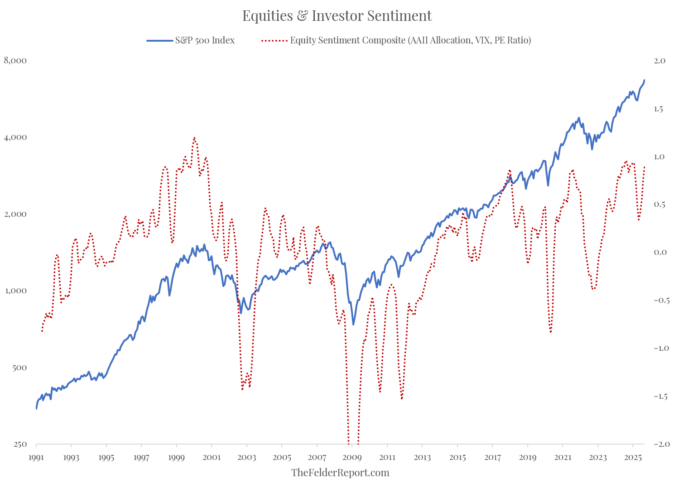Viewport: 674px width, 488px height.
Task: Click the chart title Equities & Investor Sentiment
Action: point(337,16)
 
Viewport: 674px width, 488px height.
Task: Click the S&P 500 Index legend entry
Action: point(205,40)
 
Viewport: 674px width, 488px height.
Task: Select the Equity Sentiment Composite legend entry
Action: point(410,40)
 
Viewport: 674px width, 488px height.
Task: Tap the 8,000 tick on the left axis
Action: point(15,61)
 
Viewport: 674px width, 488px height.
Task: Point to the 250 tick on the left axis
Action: point(20,444)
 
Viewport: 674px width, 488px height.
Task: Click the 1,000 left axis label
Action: point(15,291)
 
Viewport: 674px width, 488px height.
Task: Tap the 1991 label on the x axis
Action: point(36,458)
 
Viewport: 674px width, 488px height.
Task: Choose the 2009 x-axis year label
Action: point(352,458)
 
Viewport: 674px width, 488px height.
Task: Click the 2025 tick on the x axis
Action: point(633,458)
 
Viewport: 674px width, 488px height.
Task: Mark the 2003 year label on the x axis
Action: point(246,458)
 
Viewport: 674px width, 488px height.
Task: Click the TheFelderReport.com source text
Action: point(340,473)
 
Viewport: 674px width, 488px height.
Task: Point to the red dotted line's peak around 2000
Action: point(194,138)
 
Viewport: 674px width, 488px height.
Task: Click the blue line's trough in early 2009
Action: point(353,324)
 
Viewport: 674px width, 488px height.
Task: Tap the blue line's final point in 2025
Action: point(645,80)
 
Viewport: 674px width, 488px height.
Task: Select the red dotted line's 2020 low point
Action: point(551,332)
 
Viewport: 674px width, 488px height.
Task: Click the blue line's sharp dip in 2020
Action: point(548,185)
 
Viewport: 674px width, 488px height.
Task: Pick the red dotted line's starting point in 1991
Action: point(42,331)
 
